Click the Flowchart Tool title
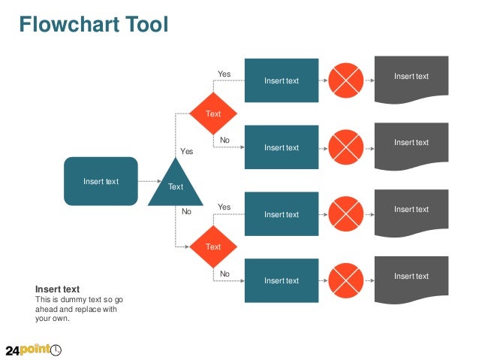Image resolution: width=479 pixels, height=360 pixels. tap(94, 25)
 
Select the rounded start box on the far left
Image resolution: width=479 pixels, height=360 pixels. tap(101, 181)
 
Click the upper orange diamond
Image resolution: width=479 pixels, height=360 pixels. tap(213, 113)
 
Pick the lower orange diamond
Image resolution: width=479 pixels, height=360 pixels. tap(213, 247)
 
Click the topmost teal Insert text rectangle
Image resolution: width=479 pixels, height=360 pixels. tap(282, 80)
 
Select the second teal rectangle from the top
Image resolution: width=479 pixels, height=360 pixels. tap(282, 147)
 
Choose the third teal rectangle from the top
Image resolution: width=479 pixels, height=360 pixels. tap(282, 214)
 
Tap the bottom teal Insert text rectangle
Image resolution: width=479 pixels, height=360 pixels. tap(282, 280)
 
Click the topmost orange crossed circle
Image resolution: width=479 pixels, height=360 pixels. tap(346, 80)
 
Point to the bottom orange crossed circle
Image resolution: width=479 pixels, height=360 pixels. tap(346, 280)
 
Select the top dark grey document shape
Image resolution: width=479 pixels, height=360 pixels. tap(411, 78)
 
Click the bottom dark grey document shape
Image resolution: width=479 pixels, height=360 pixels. tap(411, 278)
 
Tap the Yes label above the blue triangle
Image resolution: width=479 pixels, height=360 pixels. tap(187, 151)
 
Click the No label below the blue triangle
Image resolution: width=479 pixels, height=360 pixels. tap(187, 212)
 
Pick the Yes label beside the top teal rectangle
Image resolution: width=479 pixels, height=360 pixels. tap(224, 74)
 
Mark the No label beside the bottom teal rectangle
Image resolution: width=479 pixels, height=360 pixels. tap(224, 274)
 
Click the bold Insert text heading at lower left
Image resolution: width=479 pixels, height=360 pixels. tap(58, 289)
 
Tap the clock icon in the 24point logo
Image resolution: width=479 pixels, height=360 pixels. tap(56, 349)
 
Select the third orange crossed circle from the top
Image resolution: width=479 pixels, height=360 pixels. tap(346, 214)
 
